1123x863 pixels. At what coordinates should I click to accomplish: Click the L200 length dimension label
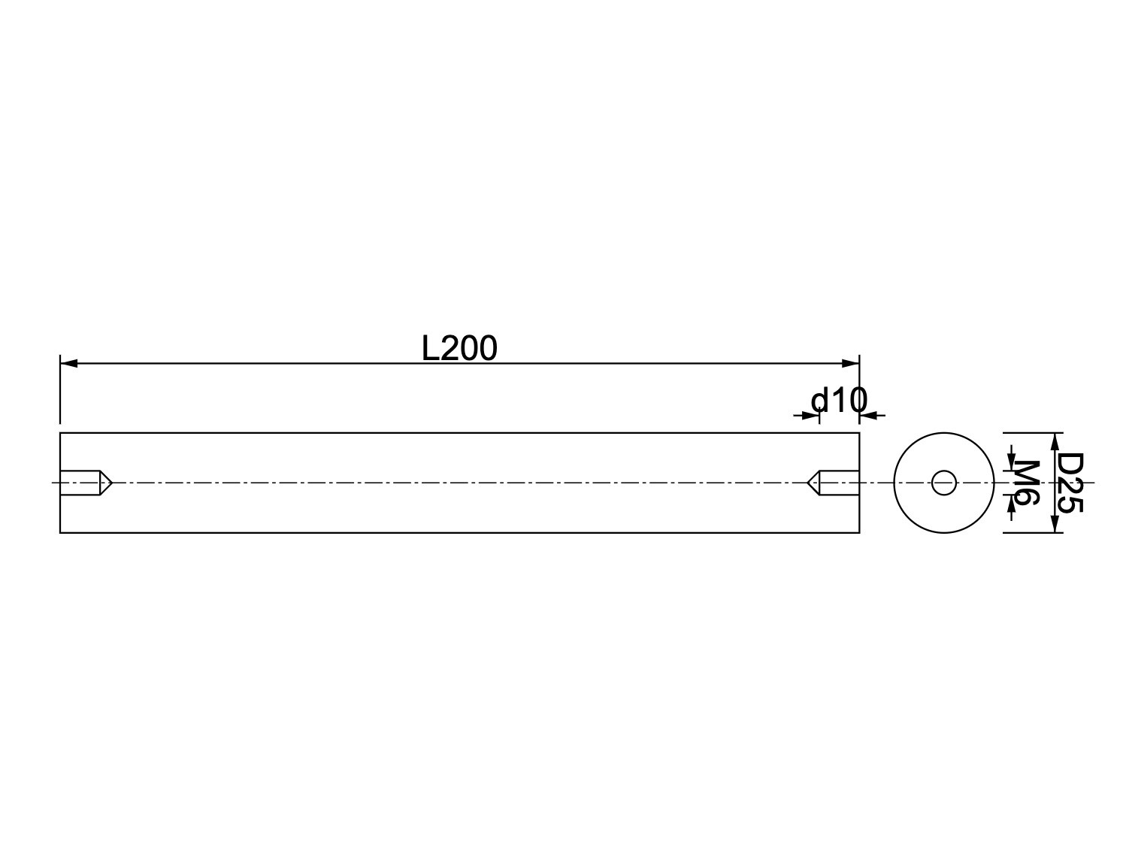point(459,349)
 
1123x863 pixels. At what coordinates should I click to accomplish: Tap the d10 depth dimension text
point(839,401)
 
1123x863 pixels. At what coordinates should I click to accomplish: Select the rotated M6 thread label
point(1027,483)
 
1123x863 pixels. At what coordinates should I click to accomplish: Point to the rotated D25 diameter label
point(1070,483)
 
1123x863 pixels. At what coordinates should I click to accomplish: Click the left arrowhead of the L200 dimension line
point(68,364)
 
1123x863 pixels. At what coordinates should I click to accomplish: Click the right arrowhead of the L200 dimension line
point(851,364)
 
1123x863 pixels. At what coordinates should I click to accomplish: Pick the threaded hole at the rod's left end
point(80,483)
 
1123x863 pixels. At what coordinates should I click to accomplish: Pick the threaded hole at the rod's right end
point(839,483)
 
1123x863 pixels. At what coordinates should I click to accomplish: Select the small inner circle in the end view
point(943,483)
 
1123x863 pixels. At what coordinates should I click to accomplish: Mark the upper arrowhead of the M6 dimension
point(1012,463)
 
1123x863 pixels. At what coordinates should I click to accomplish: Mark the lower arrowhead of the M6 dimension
point(1012,502)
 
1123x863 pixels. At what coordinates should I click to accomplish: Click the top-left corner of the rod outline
point(60,434)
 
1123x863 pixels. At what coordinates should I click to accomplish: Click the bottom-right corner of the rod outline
point(859,533)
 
